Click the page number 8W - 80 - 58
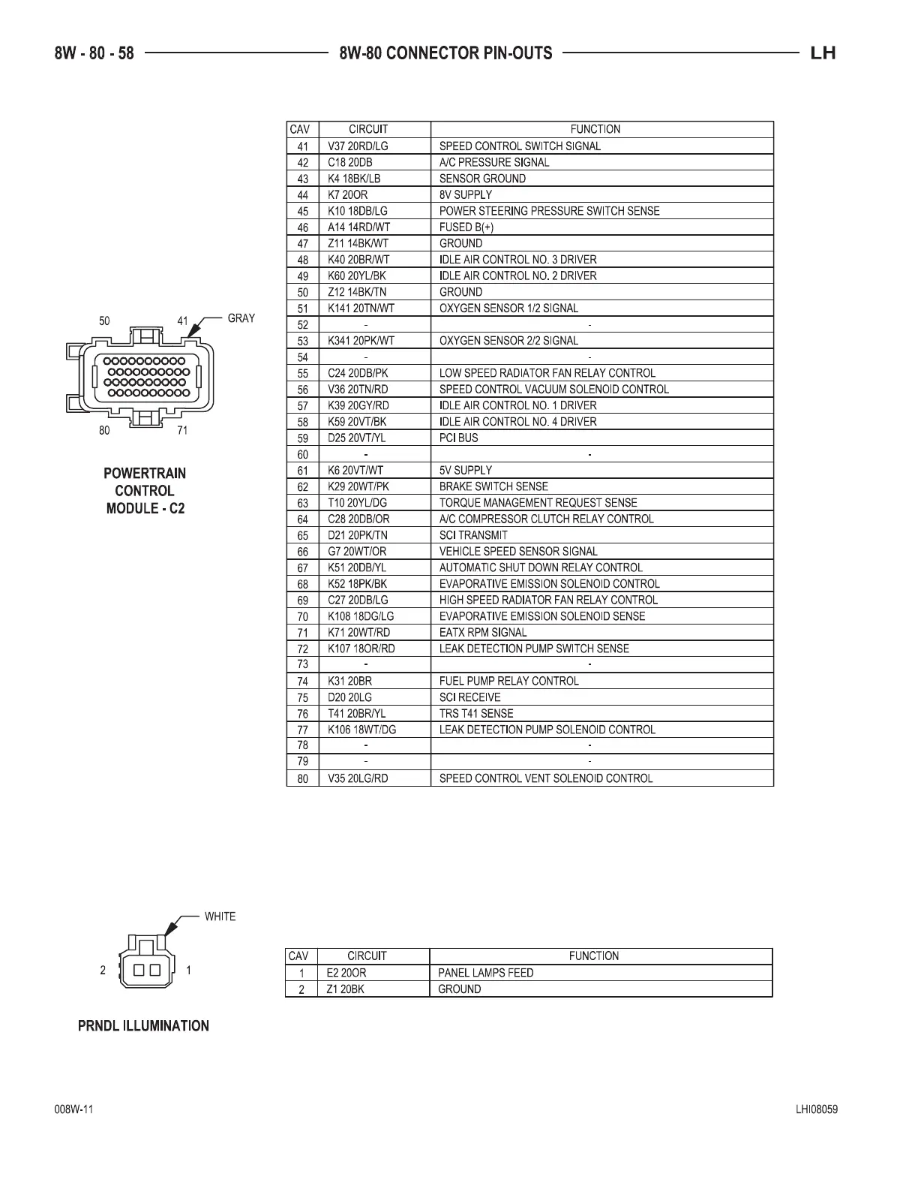pos(94,53)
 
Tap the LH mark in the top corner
pos(823,53)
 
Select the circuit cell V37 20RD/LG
pos(358,146)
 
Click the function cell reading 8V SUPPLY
pos(466,194)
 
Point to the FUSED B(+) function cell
pos(466,227)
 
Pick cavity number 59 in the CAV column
pos(303,438)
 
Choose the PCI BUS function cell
pos(458,438)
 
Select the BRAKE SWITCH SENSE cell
pos(493,486)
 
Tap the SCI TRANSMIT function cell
pos(473,535)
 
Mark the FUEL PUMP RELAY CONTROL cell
pos(509,681)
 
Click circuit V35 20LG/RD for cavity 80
pos(358,778)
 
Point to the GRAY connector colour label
pos(241,318)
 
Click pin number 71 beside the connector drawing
pos(182,431)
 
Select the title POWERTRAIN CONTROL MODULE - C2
pos(145,491)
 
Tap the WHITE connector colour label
pos(220,917)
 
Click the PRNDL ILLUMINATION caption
pos(143,1026)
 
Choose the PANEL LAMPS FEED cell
pos(486,973)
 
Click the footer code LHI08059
pos(817,1110)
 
